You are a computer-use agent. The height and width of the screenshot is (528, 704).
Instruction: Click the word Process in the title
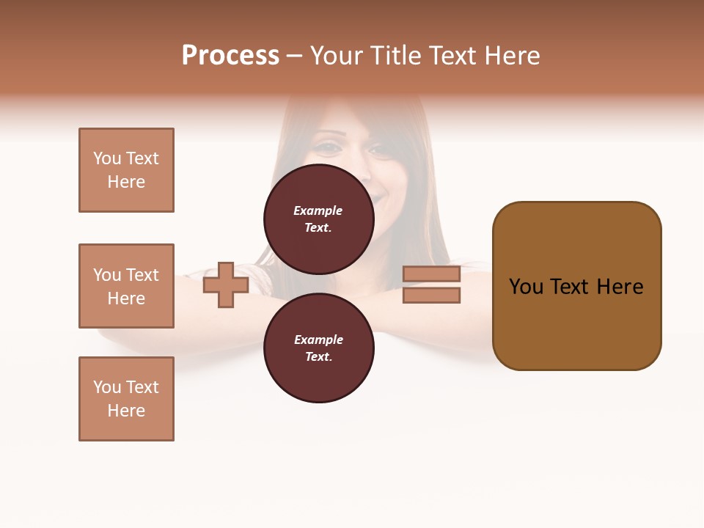click(230, 56)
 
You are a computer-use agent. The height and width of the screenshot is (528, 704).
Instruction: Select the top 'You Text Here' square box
click(126, 170)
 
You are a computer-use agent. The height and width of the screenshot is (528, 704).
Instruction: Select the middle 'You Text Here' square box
click(126, 286)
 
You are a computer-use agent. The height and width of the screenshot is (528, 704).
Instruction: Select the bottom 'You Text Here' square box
click(126, 399)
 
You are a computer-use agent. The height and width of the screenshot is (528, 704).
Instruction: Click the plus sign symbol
click(226, 285)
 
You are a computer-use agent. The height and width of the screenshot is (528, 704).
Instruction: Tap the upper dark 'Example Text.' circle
click(318, 219)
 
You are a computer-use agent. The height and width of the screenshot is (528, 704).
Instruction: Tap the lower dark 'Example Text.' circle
click(318, 348)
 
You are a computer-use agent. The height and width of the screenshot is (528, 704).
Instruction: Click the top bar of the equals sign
click(431, 274)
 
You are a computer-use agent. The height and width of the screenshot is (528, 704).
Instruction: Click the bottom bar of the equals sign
click(431, 295)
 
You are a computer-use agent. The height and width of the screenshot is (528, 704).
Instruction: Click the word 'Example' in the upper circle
click(318, 210)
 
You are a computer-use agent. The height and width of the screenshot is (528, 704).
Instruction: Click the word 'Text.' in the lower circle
click(318, 356)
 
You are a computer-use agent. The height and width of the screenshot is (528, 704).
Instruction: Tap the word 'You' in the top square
click(106, 158)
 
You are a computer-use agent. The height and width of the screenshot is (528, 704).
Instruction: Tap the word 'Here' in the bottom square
click(126, 411)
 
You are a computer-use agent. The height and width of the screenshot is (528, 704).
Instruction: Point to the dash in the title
click(294, 56)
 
